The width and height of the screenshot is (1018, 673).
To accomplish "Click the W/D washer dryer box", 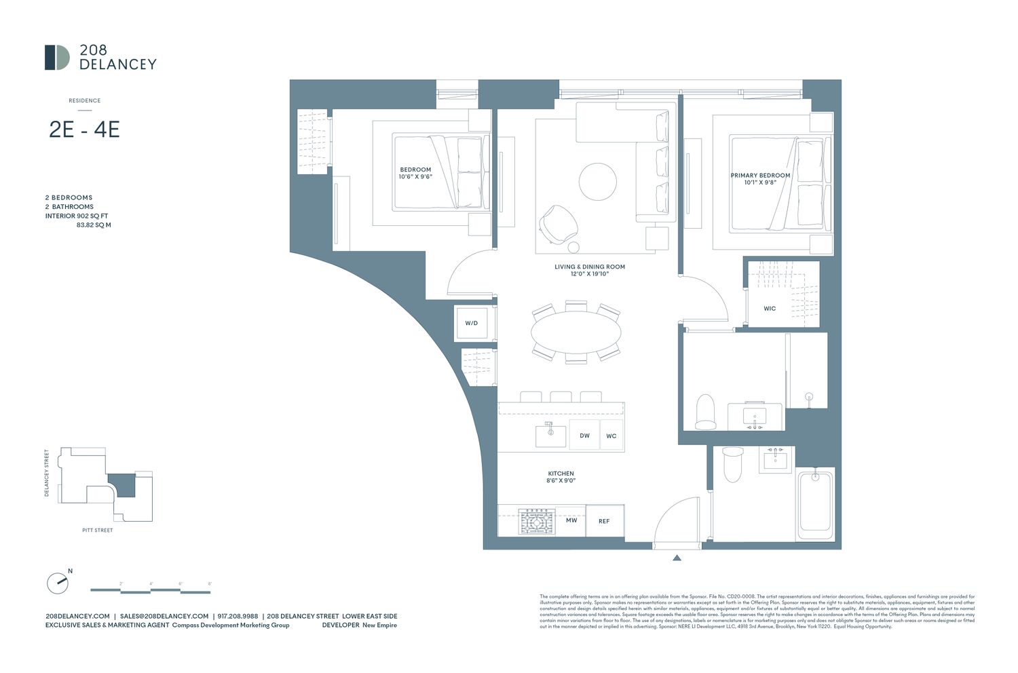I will point(472,323).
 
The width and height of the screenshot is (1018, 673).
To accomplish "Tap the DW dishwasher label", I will point(584,436).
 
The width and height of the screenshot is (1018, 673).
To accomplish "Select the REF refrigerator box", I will point(604,521).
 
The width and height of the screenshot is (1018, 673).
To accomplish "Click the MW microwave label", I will point(571,520).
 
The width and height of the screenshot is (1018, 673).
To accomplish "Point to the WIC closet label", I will point(770,309).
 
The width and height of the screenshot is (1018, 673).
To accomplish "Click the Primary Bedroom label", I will point(760,178).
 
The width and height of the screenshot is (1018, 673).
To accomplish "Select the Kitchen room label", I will point(561,477).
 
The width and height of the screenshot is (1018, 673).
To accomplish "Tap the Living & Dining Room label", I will point(589,270).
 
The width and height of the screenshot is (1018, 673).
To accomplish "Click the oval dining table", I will point(576,332).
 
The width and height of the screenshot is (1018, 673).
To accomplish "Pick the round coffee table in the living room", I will point(598,181).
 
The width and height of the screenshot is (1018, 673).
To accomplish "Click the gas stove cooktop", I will point(538,522).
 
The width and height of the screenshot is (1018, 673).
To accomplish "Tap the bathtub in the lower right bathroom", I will point(815,503).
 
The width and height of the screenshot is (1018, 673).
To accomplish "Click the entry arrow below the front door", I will point(677,558).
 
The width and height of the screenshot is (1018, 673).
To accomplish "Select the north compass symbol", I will point(58,583).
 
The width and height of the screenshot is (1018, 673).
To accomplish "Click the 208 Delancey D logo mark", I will point(57,58).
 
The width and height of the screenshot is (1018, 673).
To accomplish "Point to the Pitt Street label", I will point(98,530).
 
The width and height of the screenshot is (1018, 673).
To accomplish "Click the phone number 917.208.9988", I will point(238,616).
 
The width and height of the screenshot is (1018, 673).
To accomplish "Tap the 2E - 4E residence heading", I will point(84,129).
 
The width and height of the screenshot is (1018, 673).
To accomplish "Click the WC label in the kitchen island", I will point(611,436).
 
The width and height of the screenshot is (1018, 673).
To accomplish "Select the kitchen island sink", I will point(550,435).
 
